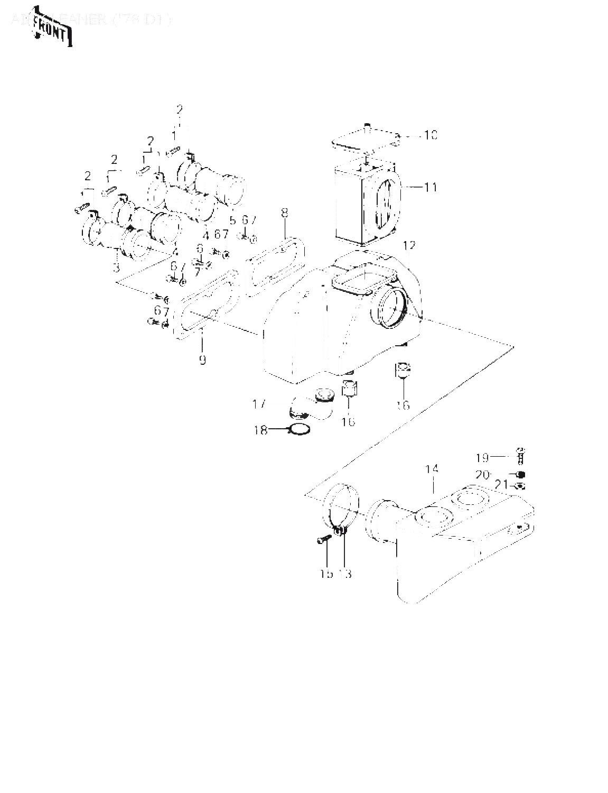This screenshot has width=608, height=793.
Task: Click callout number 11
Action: coord(431,187)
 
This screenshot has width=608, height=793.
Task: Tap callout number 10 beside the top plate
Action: coord(430,135)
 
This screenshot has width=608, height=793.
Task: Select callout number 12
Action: coord(409,246)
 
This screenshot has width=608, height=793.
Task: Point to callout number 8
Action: coord(285,213)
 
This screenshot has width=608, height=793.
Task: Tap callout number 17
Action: coord(259,405)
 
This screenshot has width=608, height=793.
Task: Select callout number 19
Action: coord(482,457)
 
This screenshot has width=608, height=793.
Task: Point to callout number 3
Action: coord(116,268)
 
